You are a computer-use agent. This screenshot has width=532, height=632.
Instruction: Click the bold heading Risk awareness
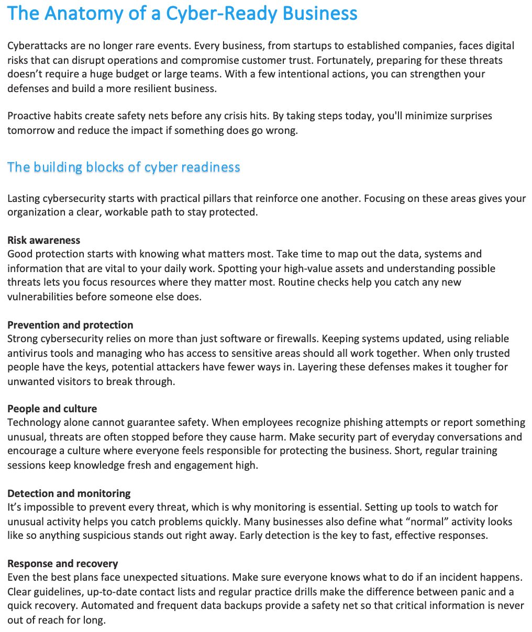(44, 240)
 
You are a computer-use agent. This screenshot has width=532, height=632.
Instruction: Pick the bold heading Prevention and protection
(70, 325)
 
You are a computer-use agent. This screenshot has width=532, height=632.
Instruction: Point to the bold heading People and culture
(52, 409)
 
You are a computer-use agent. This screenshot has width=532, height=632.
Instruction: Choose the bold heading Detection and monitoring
(69, 493)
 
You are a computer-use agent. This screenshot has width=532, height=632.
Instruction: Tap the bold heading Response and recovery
(63, 563)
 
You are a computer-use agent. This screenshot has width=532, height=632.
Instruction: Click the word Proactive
(29, 116)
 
